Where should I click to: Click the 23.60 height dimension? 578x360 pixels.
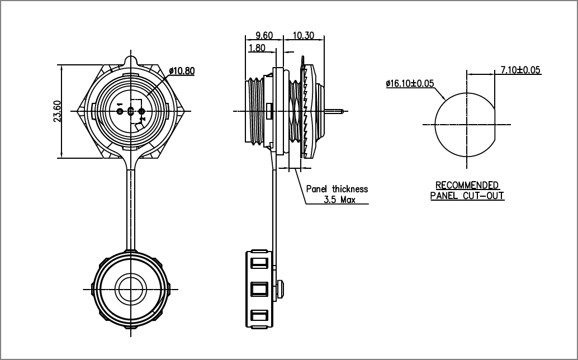pyautogui.click(x=57, y=111)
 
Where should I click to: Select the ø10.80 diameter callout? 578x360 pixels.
pyautogui.click(x=182, y=71)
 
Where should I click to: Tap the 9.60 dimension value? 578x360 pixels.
pyautogui.click(x=264, y=35)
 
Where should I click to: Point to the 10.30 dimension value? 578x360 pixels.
pyautogui.click(x=304, y=35)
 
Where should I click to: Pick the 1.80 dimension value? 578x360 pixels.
pyautogui.click(x=257, y=48)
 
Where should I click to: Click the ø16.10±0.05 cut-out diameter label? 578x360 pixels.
pyautogui.click(x=410, y=83)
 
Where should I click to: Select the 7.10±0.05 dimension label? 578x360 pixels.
pyautogui.click(x=520, y=70)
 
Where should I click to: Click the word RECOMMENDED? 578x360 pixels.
pyautogui.click(x=467, y=185)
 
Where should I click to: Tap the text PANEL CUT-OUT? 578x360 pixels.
pyautogui.click(x=467, y=195)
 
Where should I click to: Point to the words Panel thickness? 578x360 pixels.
pyautogui.click(x=337, y=189)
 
